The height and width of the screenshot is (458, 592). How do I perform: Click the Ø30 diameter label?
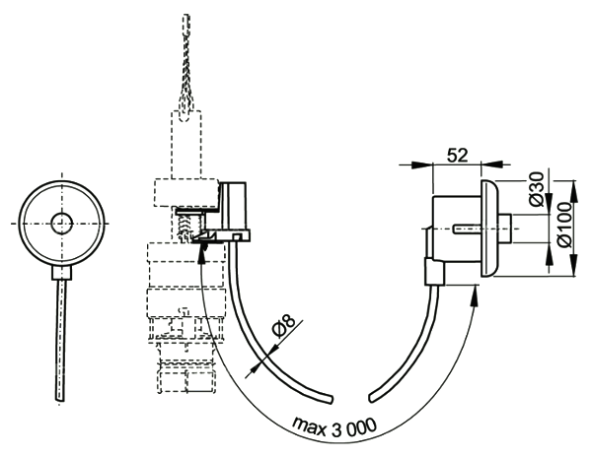pyautogui.click(x=536, y=188)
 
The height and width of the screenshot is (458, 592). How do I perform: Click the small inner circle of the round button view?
pyautogui.click(x=62, y=223)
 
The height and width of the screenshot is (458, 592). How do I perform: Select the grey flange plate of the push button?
pyautogui.click(x=485, y=228)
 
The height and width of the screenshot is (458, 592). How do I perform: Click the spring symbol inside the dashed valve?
pyautogui.click(x=184, y=226)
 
